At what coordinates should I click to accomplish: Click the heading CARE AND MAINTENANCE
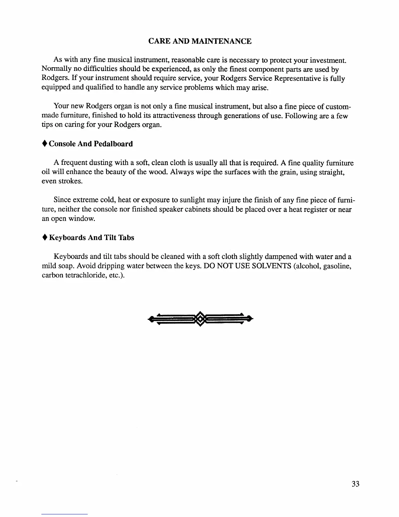200,41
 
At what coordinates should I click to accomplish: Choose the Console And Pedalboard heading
91,144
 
